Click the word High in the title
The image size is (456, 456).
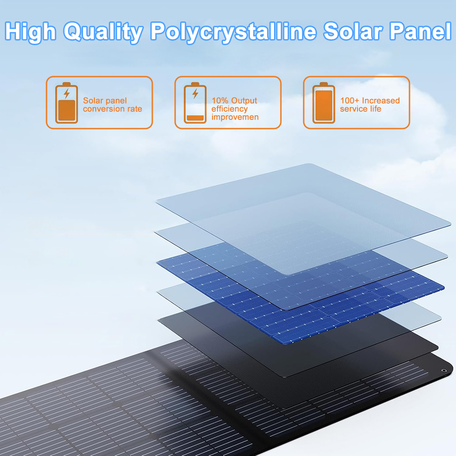31,32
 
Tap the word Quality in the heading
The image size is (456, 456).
103,32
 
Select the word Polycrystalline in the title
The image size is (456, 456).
233,32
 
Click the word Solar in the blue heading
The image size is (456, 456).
353,31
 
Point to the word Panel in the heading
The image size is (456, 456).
420,31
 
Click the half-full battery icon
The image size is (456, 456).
67,103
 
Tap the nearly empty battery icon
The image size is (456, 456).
195,103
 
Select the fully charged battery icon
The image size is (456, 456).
324,103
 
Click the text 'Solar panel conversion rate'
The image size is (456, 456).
113,105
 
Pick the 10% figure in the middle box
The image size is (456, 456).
220,101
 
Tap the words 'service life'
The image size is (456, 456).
361,109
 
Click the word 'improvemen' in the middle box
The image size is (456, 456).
235,117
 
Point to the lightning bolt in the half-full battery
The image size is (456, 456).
67,93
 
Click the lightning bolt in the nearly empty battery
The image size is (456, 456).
196,93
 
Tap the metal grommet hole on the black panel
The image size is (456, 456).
444,370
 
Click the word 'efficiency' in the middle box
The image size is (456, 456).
229,109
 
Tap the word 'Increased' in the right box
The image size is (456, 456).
381,101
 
